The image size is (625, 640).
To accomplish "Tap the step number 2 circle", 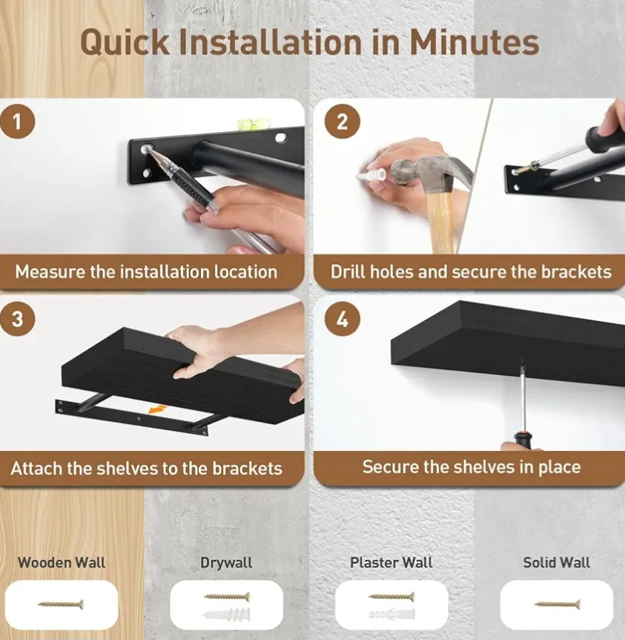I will click(x=342, y=121).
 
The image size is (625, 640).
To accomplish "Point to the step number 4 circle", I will click(x=342, y=319).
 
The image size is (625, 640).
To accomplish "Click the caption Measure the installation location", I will click(x=146, y=271).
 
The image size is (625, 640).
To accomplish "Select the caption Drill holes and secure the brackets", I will click(x=471, y=271).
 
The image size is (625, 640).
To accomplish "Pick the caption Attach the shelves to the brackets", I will click(x=146, y=469).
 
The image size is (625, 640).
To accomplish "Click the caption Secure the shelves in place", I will click(x=471, y=467).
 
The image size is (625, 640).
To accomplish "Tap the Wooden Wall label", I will click(x=62, y=562).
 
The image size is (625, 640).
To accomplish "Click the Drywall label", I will click(x=226, y=563).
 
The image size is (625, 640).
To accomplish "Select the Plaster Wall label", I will click(x=391, y=563).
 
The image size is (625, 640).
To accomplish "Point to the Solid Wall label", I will click(x=556, y=562).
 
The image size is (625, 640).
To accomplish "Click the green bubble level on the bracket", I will click(x=245, y=124).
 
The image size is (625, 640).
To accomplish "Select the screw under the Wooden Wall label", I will click(x=61, y=604).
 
